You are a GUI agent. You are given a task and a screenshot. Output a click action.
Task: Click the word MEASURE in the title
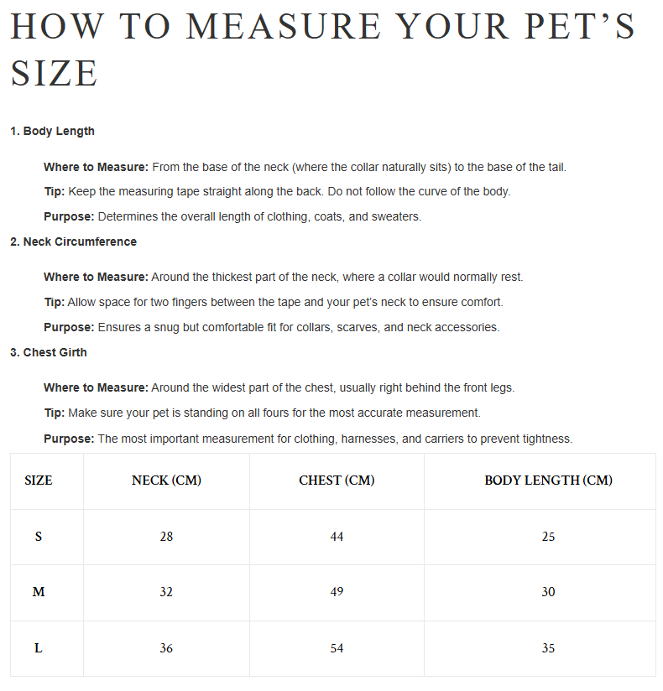[x=283, y=27]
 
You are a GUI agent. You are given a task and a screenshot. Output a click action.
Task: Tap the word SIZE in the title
[x=55, y=73]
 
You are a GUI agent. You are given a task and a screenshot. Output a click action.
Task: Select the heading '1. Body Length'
[x=52, y=131]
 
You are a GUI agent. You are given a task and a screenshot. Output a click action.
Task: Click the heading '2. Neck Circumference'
[x=73, y=242]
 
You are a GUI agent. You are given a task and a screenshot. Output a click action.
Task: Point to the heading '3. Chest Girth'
[x=48, y=352]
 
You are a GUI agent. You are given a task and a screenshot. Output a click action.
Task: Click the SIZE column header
[x=39, y=481]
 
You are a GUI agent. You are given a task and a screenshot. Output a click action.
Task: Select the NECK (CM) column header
[x=166, y=481]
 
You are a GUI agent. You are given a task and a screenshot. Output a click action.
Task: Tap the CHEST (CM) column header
[x=337, y=481]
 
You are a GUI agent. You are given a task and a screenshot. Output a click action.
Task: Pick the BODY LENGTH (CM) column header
[x=548, y=481]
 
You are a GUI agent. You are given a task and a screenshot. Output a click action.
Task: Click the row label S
[x=39, y=537]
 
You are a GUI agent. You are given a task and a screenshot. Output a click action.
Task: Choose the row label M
[x=39, y=592]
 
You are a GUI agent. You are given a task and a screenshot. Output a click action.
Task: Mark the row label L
[x=39, y=648]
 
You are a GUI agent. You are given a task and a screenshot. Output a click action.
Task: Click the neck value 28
[x=166, y=537]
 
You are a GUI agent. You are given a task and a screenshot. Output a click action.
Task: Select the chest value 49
[x=337, y=592]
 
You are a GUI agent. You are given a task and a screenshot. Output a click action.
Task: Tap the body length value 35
[x=548, y=648]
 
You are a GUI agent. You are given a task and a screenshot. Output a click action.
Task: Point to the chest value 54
[x=337, y=648]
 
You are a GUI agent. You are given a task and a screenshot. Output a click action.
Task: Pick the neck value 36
[x=166, y=648]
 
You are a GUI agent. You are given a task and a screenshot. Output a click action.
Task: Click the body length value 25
[x=548, y=537]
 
